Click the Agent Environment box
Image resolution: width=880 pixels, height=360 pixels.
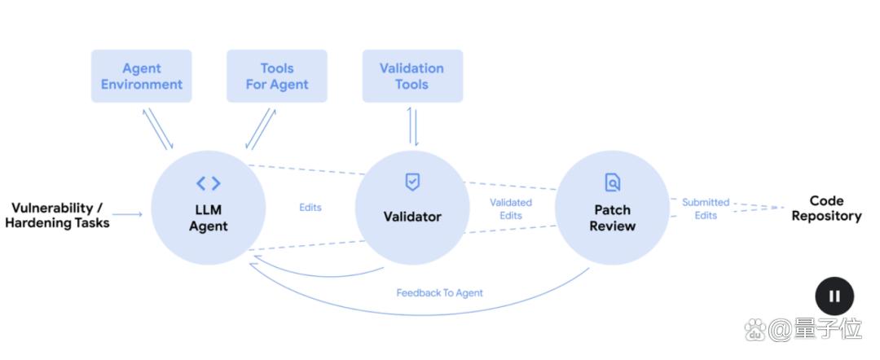click(142, 77)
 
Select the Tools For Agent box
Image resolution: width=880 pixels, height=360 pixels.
click(277, 77)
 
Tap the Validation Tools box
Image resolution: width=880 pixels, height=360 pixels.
click(412, 77)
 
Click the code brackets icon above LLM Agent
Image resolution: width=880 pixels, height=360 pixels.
click(209, 183)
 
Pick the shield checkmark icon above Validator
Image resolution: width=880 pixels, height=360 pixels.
click(413, 182)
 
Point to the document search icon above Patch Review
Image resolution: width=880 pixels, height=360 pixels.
click(613, 182)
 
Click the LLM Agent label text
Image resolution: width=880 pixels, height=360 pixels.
click(209, 218)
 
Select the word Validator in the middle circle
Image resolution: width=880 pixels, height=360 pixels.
click(412, 217)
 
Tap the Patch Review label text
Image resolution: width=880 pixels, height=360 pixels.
click(613, 217)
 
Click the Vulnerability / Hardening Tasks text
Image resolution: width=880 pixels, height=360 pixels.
click(57, 215)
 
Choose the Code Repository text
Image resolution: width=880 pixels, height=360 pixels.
click(826, 209)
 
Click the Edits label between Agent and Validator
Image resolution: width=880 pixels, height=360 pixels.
click(310, 208)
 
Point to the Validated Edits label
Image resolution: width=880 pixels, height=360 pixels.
click(511, 209)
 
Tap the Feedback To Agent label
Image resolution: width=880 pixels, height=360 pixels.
click(440, 293)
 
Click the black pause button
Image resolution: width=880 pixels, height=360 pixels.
click(834, 296)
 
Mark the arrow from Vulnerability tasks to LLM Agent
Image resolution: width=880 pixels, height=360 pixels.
click(130, 215)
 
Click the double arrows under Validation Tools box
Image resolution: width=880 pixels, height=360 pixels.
click(412, 125)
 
